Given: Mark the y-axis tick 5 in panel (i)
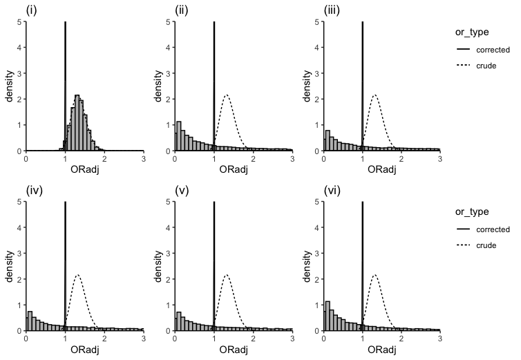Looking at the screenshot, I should point(20,21).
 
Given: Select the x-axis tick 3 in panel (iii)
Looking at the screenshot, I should point(439,158).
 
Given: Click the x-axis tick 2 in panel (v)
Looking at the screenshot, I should point(253,338).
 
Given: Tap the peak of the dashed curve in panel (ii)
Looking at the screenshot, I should point(226,95).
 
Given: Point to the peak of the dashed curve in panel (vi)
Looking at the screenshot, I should point(375,275).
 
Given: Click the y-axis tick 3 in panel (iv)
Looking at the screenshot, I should point(20,253).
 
